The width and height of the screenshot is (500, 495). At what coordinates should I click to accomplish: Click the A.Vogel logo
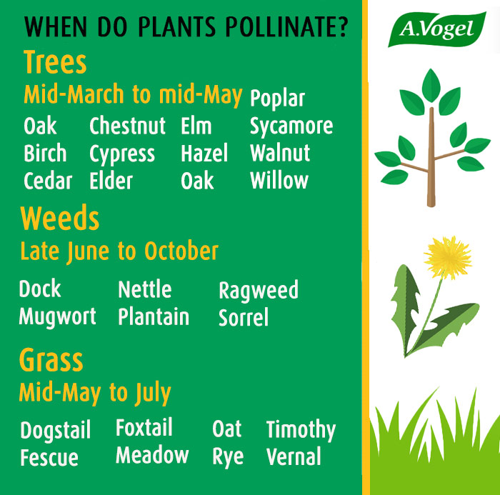tap(437, 29)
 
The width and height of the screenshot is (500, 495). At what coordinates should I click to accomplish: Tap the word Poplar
tap(277, 99)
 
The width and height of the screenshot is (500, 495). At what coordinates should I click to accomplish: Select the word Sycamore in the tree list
tap(291, 126)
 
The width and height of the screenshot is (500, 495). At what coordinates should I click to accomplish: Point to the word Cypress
tap(122, 154)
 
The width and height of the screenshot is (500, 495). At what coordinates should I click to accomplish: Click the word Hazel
tap(204, 153)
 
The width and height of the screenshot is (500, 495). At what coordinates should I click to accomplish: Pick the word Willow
tap(279, 180)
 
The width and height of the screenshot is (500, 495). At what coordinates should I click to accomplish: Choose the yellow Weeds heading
tap(59, 218)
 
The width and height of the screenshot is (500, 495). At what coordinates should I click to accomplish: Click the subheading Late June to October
tap(119, 251)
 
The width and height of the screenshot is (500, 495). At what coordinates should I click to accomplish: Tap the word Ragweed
tap(259, 290)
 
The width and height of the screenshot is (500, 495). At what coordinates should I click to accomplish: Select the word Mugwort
tap(57, 316)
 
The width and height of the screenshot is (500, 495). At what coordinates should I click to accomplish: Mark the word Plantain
tap(154, 316)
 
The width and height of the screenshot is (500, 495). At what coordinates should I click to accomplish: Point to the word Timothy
tap(301, 430)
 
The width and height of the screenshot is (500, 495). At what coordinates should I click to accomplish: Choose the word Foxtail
tap(144, 427)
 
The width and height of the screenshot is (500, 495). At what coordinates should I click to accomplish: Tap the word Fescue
tap(49, 458)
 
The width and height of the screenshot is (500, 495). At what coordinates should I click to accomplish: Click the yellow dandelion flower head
tap(448, 257)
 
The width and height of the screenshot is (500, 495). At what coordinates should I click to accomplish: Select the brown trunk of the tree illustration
tap(431, 157)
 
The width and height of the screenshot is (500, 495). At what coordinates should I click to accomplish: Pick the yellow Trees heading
tap(55, 62)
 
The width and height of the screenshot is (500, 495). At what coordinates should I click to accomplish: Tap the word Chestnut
tap(127, 126)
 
